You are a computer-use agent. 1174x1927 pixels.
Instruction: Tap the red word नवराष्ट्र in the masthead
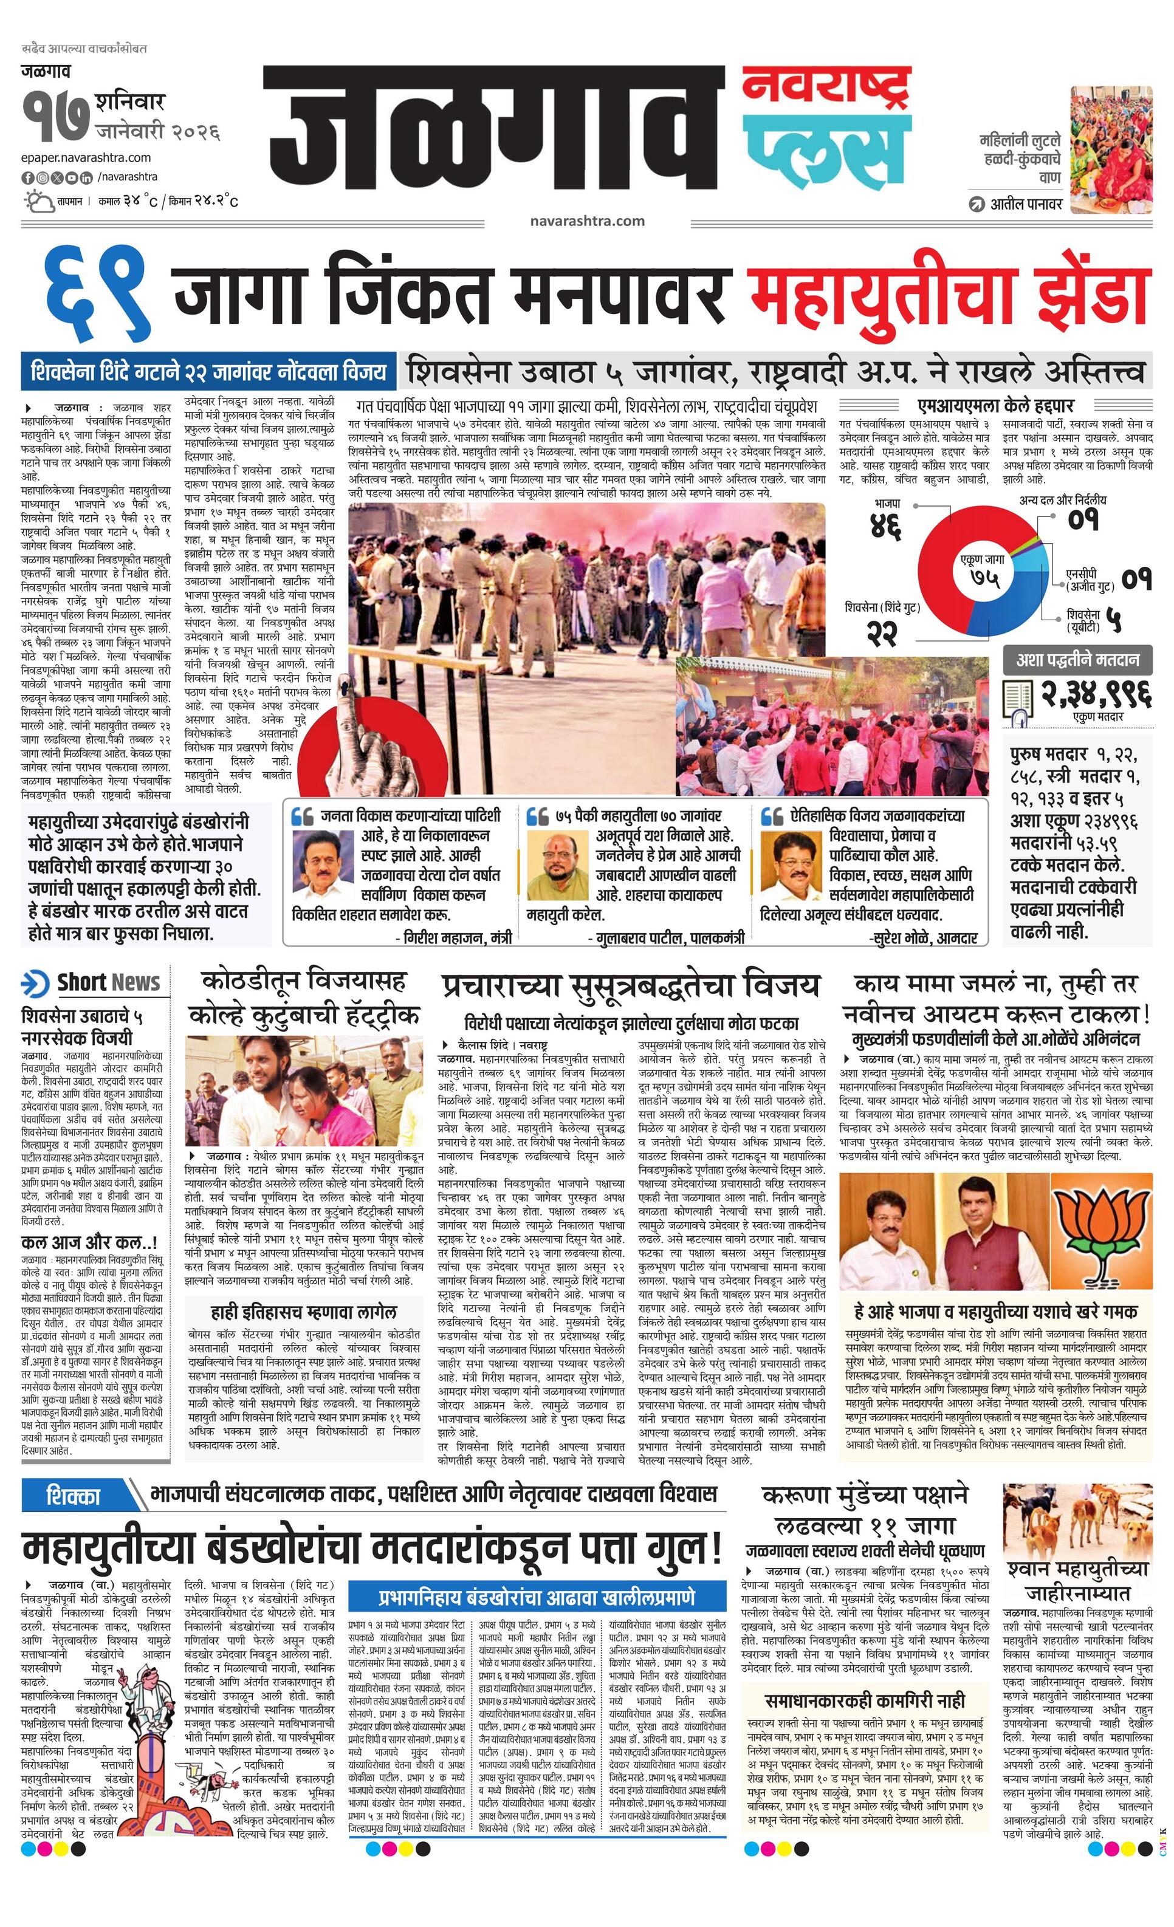tap(825, 89)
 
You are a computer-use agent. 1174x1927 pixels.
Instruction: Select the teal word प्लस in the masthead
tap(825, 149)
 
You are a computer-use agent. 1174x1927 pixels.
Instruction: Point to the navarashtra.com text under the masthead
tap(586, 221)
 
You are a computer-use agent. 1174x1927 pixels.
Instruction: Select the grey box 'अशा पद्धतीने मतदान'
tap(1077, 659)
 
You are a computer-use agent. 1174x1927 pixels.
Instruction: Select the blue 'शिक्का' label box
tap(74, 1496)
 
